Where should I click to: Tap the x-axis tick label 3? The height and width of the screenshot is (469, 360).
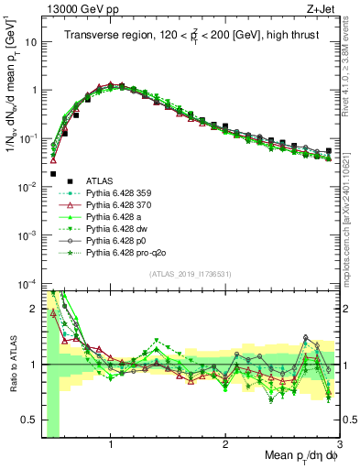coord(340,442)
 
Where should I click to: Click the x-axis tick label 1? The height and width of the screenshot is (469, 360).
coord(111,442)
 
